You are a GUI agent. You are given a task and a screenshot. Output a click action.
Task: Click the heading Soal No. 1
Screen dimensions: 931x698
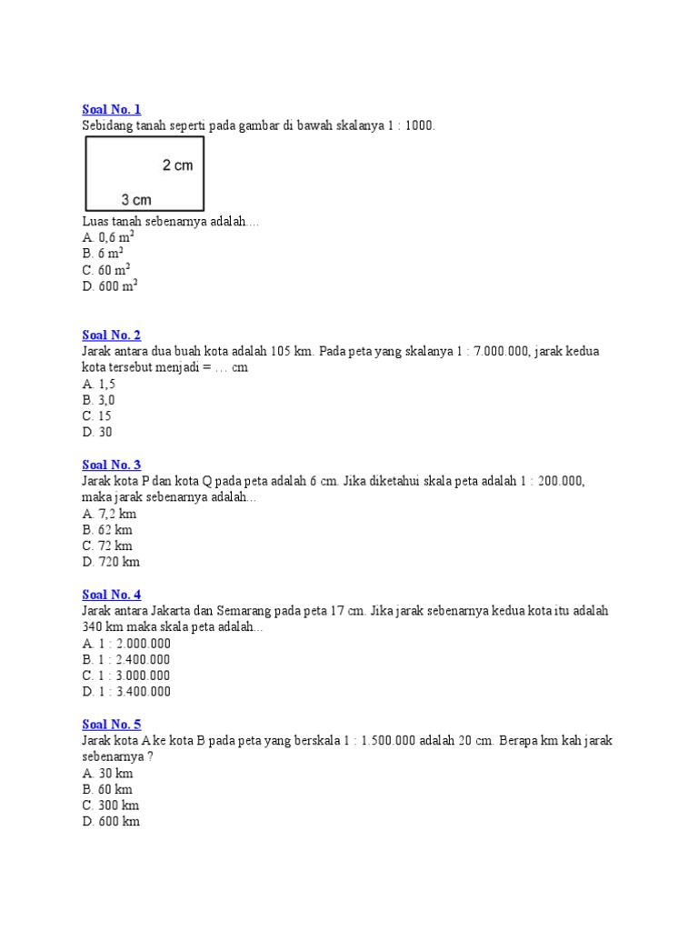111,109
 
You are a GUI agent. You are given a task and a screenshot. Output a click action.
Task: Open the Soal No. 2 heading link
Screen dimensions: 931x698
111,335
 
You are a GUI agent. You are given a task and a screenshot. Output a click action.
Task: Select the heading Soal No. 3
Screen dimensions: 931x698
111,465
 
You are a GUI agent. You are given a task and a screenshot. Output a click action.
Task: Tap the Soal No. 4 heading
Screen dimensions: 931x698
111,595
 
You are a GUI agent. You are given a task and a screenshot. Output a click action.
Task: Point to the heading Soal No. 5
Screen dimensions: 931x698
111,725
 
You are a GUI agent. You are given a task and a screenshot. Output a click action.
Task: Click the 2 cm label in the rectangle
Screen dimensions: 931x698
177,165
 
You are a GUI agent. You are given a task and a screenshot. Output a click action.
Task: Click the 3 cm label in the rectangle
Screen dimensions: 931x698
136,199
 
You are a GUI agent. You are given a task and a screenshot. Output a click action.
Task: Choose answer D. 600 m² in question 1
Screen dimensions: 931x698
109,285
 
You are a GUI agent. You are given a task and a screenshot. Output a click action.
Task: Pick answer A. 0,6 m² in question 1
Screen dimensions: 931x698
107,236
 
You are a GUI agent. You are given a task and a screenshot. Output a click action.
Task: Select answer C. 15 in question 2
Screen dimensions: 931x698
97,416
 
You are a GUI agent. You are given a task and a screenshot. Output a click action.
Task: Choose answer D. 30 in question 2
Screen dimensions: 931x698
97,433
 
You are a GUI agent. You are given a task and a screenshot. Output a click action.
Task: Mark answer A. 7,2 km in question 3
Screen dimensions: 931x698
108,514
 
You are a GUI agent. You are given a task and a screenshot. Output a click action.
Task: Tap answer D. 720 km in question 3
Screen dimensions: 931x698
111,562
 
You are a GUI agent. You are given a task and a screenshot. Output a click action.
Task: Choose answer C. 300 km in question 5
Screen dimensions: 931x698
111,806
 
